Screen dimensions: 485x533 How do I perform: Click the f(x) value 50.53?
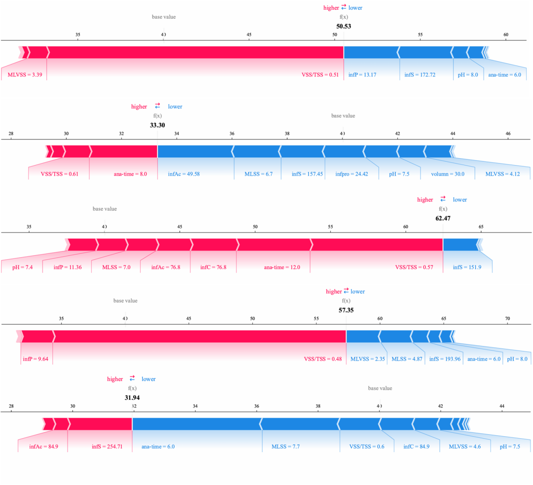click(343, 26)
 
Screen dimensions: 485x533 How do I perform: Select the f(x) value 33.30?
click(157, 125)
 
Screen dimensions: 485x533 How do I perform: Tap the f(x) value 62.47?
click(443, 218)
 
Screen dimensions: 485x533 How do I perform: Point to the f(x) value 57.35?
click(346, 311)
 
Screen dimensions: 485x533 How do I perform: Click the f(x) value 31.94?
click(132, 398)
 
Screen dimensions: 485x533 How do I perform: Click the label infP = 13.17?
click(362, 75)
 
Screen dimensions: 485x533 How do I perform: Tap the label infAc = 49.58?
click(184, 174)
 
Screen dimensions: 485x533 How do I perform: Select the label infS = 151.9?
click(466, 267)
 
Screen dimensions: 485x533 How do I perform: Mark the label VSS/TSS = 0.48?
click(323, 359)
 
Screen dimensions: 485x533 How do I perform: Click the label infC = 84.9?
click(416, 447)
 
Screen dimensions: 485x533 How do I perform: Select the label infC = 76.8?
click(213, 267)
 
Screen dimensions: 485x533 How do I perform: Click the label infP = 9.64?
click(35, 359)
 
